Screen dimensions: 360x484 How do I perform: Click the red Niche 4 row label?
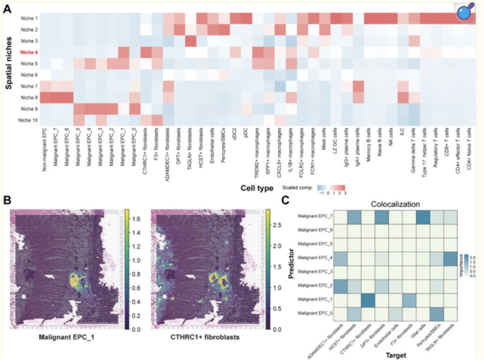(x=28, y=53)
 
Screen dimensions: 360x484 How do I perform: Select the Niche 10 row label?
(x=28, y=120)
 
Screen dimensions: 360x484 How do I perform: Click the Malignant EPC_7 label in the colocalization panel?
(x=315, y=217)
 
